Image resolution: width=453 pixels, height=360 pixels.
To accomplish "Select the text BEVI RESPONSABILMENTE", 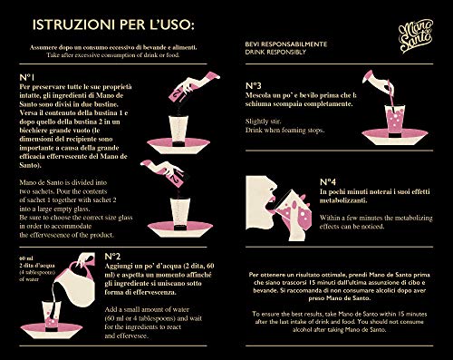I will click(x=282, y=43).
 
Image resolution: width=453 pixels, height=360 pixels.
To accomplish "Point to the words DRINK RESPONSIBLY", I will click(x=276, y=52).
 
